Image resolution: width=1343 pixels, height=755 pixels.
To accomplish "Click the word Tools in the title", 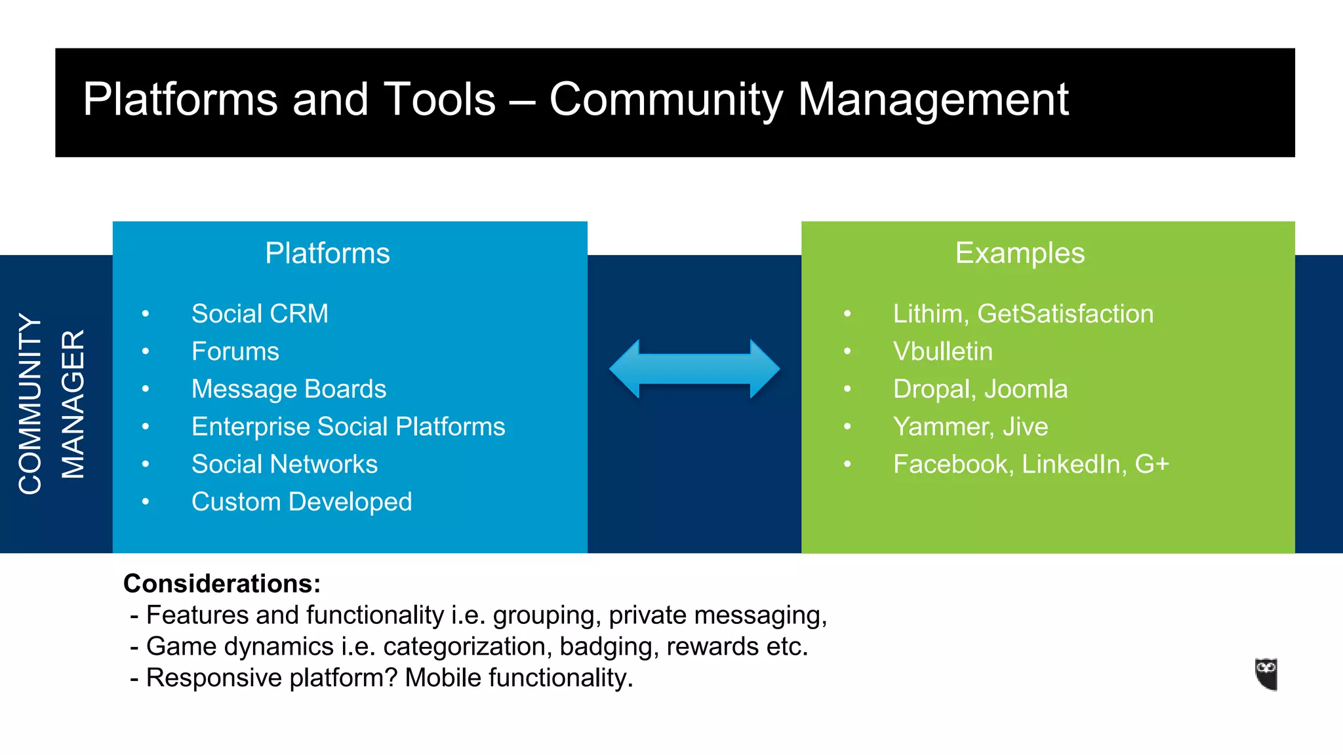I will (x=439, y=100).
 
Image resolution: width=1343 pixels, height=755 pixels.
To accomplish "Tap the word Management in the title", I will (x=932, y=100).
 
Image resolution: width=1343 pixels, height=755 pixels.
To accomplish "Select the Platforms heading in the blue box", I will (x=327, y=254).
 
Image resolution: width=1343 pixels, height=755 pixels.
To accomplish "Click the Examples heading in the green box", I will (x=1020, y=253).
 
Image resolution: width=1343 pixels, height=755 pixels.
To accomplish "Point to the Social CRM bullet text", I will (x=260, y=314).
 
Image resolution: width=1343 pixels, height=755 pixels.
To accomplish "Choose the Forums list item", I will (x=235, y=352).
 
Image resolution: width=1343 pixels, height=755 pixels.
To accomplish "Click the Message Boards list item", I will (x=289, y=389).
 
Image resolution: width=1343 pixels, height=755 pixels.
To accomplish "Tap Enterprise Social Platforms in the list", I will (x=348, y=427).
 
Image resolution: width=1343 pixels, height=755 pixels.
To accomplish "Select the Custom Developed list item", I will (x=302, y=502).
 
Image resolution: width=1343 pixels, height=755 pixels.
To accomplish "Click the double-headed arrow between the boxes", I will (x=694, y=369).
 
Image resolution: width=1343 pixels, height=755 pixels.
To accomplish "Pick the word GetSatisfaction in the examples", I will (x=1065, y=314).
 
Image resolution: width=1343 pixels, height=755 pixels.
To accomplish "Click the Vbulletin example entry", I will (x=942, y=352).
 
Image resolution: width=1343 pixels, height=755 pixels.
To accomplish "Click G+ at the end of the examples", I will (x=1152, y=464).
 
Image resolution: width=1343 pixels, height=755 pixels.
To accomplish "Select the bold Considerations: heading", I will (x=222, y=583).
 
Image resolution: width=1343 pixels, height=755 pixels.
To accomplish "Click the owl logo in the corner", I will (x=1266, y=674).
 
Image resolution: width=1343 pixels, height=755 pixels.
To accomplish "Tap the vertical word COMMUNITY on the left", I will (x=30, y=403).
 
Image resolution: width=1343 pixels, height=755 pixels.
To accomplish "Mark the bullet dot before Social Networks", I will (x=146, y=464).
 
